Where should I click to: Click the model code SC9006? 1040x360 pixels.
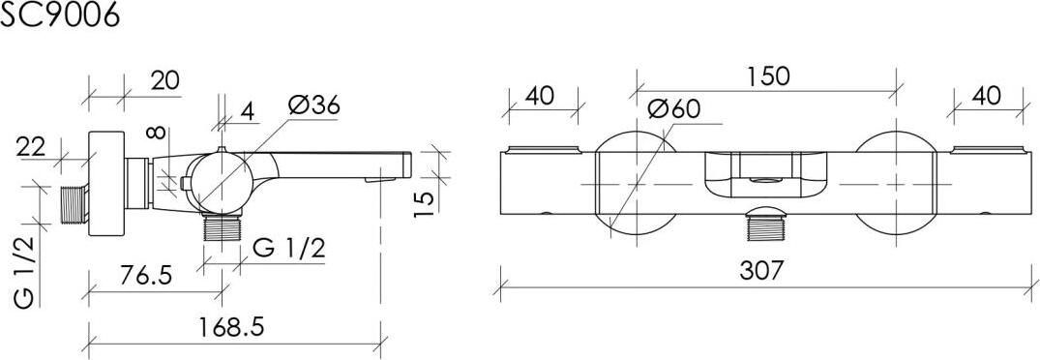pos(60,15)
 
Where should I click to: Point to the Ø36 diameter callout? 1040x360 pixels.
pos(314,106)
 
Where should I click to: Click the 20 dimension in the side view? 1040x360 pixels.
pos(165,81)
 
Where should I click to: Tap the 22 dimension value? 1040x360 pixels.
pos(31,146)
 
